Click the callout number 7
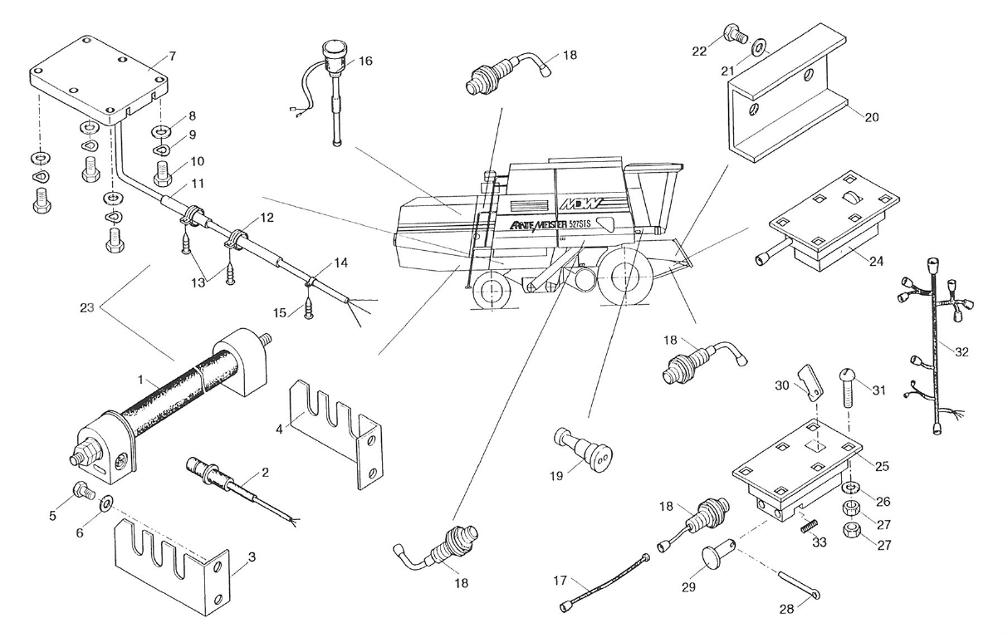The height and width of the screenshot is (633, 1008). click(x=172, y=56)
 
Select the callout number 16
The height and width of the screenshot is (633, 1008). click(x=365, y=61)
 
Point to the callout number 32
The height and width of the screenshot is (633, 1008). click(x=961, y=352)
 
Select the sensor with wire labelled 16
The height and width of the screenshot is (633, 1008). click(x=335, y=91)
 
